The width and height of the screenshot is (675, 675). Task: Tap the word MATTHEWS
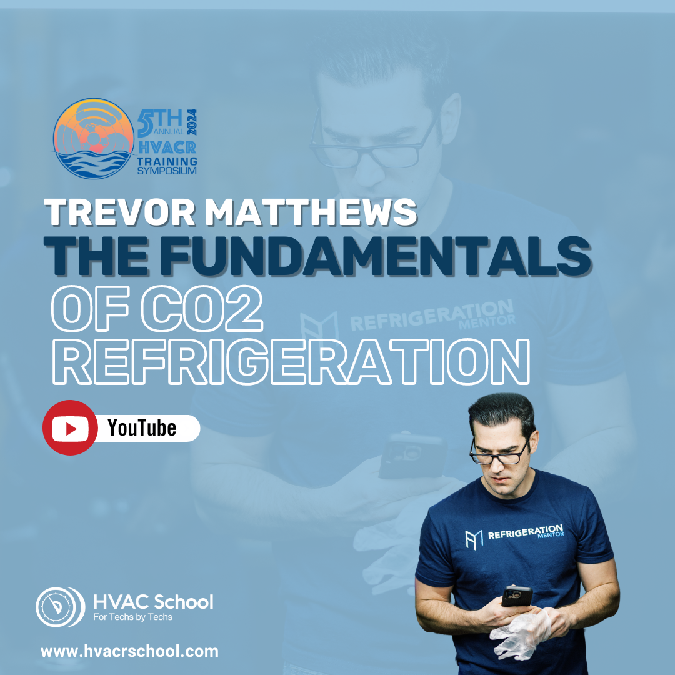[x=311, y=212]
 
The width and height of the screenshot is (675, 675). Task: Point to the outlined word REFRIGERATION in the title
[x=291, y=362]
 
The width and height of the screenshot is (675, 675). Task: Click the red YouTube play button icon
[x=70, y=428]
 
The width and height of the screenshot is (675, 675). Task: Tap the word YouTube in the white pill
[x=142, y=428]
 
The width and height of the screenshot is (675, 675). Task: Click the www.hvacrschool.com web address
[x=129, y=651]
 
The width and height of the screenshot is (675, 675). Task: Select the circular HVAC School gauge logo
[x=60, y=607]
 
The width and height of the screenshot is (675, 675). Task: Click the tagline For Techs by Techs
[x=132, y=617]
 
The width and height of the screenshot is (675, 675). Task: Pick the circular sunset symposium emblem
[x=93, y=139]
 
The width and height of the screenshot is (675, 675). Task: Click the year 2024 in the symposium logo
[x=192, y=122]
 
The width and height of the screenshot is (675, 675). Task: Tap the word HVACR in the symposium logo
[x=167, y=147]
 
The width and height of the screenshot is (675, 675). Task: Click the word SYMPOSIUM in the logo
[x=167, y=171]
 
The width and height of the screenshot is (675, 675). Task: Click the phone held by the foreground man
[x=517, y=596]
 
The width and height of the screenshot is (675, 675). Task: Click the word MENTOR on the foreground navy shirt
[x=551, y=535]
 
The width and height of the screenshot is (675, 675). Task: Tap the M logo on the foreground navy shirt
[x=474, y=540]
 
